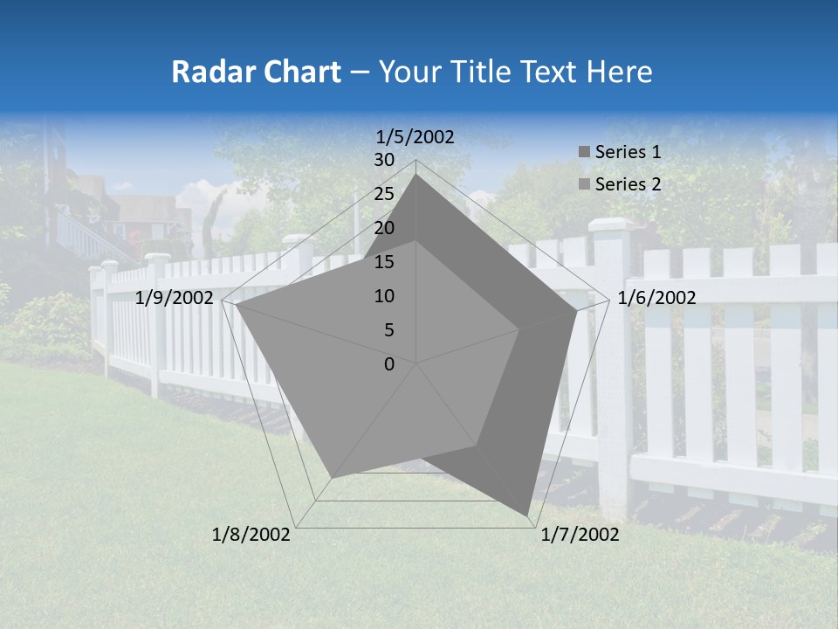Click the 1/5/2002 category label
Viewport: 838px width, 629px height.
[x=416, y=136]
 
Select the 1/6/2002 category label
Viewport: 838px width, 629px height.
[x=656, y=298]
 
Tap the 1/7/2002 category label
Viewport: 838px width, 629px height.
[x=580, y=534]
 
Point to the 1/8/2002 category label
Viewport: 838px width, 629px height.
[x=251, y=534]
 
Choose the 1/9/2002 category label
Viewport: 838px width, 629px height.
[x=175, y=298]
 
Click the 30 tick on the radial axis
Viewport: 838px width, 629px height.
[x=384, y=160]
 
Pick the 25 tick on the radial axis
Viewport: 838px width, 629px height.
[x=384, y=194]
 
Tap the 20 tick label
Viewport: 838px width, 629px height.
[x=384, y=228]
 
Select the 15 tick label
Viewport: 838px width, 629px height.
[x=384, y=262]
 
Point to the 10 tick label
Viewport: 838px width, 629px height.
[x=384, y=296]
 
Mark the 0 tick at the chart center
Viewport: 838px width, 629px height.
[x=389, y=363]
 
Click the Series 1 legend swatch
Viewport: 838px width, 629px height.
[x=584, y=152]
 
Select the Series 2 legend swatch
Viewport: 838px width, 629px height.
[x=584, y=184]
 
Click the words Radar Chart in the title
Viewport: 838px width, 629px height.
[x=256, y=72]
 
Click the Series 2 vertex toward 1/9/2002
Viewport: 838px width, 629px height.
[x=236, y=305]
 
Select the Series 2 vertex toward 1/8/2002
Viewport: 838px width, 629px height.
[x=332, y=478]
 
